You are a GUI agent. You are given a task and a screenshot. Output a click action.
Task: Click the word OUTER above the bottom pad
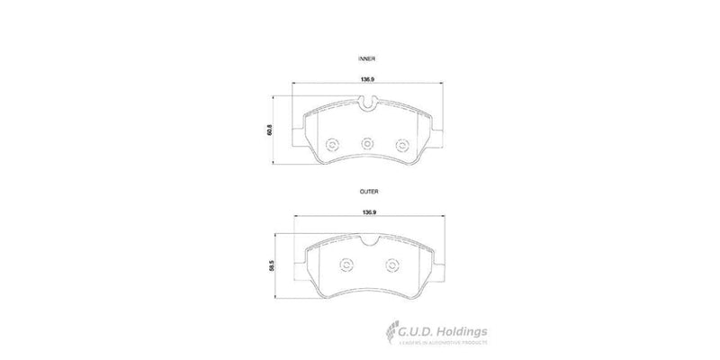[x=367, y=192]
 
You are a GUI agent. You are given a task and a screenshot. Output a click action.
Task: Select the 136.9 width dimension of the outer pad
[x=367, y=213]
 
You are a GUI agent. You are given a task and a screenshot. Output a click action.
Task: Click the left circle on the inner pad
[x=330, y=144]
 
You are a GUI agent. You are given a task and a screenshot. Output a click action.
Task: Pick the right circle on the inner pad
[x=404, y=144]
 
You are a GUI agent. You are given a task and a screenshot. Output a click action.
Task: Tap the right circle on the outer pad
[x=391, y=265]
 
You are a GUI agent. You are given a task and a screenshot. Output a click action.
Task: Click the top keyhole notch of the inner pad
[x=367, y=110]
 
